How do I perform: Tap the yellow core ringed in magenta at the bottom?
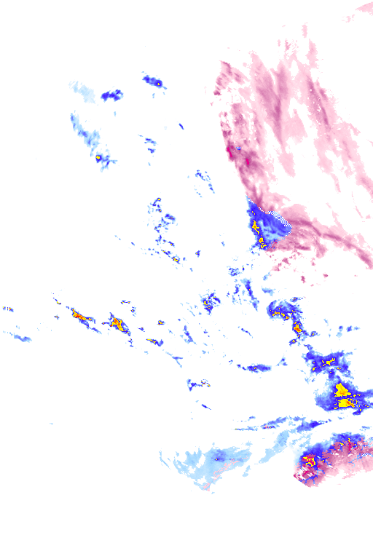pos(309,459)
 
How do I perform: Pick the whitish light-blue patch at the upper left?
pos(82,90)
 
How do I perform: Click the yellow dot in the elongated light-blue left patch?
pos(98,156)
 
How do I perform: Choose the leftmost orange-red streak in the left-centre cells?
pos(79,316)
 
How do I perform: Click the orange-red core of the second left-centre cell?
pos(115,322)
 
